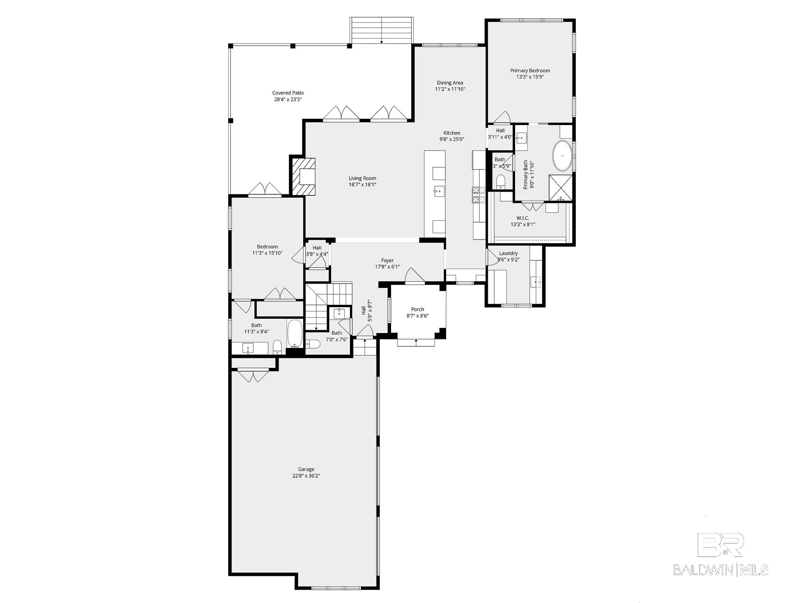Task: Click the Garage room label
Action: pos(306,469)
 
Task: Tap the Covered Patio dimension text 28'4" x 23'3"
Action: pos(288,99)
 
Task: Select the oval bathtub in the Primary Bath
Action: pos(562,156)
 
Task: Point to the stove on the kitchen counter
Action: pos(478,194)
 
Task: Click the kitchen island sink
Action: pos(439,190)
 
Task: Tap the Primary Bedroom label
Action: pos(530,71)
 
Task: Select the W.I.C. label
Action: pos(523,218)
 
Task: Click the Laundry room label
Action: pos(508,253)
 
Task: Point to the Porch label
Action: pos(417,309)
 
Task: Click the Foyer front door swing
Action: pos(414,276)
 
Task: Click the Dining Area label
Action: pos(450,83)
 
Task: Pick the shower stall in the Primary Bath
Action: pos(560,187)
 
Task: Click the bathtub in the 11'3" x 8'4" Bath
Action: pos(295,333)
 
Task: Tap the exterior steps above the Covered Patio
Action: pos(381,31)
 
